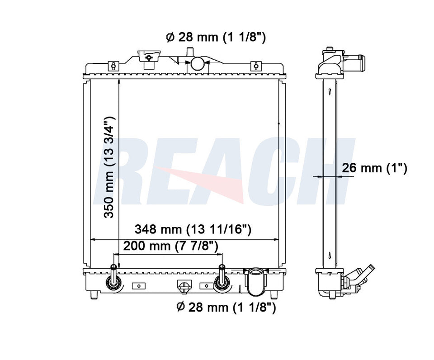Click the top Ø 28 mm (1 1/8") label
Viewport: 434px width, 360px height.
tap(216, 37)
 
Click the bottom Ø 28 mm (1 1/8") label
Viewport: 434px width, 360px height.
tap(226, 307)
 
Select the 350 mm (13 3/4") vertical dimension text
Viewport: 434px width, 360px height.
tap(109, 167)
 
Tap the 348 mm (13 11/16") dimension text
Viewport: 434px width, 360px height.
tap(193, 229)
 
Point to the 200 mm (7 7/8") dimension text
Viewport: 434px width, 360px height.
tap(171, 246)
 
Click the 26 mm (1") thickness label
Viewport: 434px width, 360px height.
tap(374, 168)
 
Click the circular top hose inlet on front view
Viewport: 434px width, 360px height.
tap(198, 63)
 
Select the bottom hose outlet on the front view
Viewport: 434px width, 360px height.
tap(255, 281)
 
